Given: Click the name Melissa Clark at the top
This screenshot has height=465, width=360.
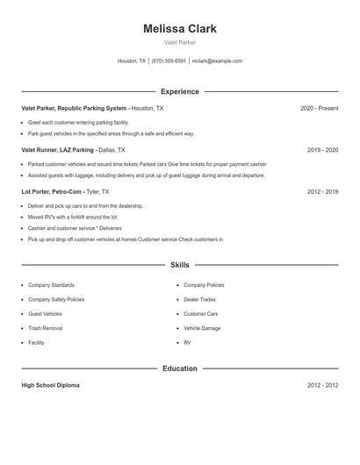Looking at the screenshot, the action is click(180, 29).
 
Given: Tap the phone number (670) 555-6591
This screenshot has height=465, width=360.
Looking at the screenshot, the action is click(169, 61).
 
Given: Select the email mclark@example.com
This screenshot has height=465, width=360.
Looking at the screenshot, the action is click(217, 61).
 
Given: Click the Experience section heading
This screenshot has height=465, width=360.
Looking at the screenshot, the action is click(180, 91).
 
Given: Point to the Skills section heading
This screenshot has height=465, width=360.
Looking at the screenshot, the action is click(180, 264).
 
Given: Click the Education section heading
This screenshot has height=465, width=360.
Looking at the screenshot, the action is click(180, 368).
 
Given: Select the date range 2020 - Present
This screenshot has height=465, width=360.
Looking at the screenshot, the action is click(319, 108).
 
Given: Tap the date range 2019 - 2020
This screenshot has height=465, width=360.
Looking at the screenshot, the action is click(322, 150).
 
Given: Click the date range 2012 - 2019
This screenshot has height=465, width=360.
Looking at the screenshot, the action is click(322, 191).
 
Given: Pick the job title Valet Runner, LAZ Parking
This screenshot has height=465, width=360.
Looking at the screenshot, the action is click(58, 150).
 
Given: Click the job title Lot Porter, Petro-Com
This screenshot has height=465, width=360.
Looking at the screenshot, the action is click(52, 191).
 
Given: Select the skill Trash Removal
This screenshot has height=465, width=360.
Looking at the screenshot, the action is click(45, 328).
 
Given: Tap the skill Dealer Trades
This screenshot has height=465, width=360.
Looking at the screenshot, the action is click(199, 299).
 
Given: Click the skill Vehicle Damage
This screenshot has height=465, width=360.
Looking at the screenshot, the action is click(202, 328).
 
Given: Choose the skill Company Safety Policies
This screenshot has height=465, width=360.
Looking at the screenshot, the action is click(56, 299).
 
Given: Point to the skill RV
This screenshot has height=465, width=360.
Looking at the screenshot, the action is click(187, 342).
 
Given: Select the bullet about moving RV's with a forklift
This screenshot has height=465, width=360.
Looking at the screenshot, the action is click(72, 217).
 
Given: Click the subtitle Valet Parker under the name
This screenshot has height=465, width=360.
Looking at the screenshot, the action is click(180, 43).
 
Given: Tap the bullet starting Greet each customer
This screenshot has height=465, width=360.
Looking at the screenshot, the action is click(78, 122).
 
